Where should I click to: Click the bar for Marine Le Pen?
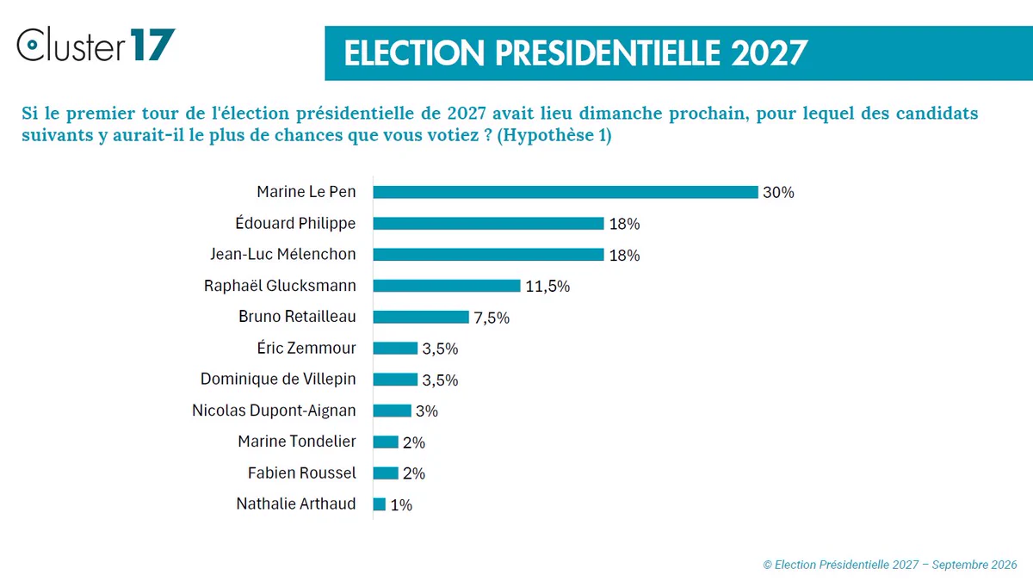click(x=566, y=192)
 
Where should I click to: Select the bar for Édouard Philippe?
click(x=488, y=223)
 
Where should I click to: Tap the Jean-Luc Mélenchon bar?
click(x=488, y=255)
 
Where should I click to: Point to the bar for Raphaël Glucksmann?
click(x=447, y=286)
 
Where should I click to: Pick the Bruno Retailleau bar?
click(x=421, y=317)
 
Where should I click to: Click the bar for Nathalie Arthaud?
click(x=379, y=504)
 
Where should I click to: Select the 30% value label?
click(x=778, y=192)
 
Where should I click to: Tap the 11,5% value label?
click(x=547, y=287)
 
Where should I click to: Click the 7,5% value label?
click(x=492, y=318)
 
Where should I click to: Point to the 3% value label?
click(x=427, y=411)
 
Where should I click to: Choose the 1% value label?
click(x=401, y=505)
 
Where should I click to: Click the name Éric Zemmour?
click(x=306, y=348)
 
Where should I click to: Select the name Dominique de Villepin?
click(x=278, y=379)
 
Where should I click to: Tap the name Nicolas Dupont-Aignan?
click(x=274, y=411)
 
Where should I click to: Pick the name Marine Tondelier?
click(x=297, y=442)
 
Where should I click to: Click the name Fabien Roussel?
click(x=302, y=473)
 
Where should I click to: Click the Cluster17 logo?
click(x=96, y=44)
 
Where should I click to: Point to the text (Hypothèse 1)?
click(x=554, y=135)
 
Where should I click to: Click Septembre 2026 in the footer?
click(x=974, y=565)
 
